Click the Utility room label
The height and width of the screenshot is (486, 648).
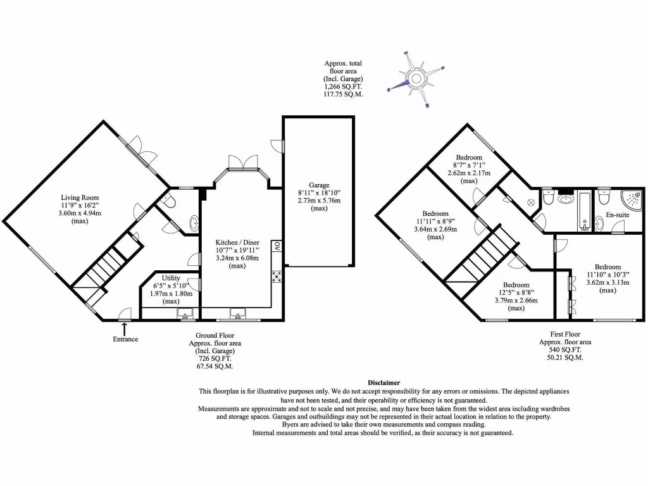tap(171, 278)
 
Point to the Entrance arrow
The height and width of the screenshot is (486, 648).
tap(125, 328)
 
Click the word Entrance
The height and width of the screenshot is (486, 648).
tap(125, 340)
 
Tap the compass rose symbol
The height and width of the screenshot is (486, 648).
tap(416, 79)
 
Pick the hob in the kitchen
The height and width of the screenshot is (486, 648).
tap(277, 275)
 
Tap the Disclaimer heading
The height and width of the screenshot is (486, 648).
tap(383, 383)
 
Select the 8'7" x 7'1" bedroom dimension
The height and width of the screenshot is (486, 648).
tap(468, 165)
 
